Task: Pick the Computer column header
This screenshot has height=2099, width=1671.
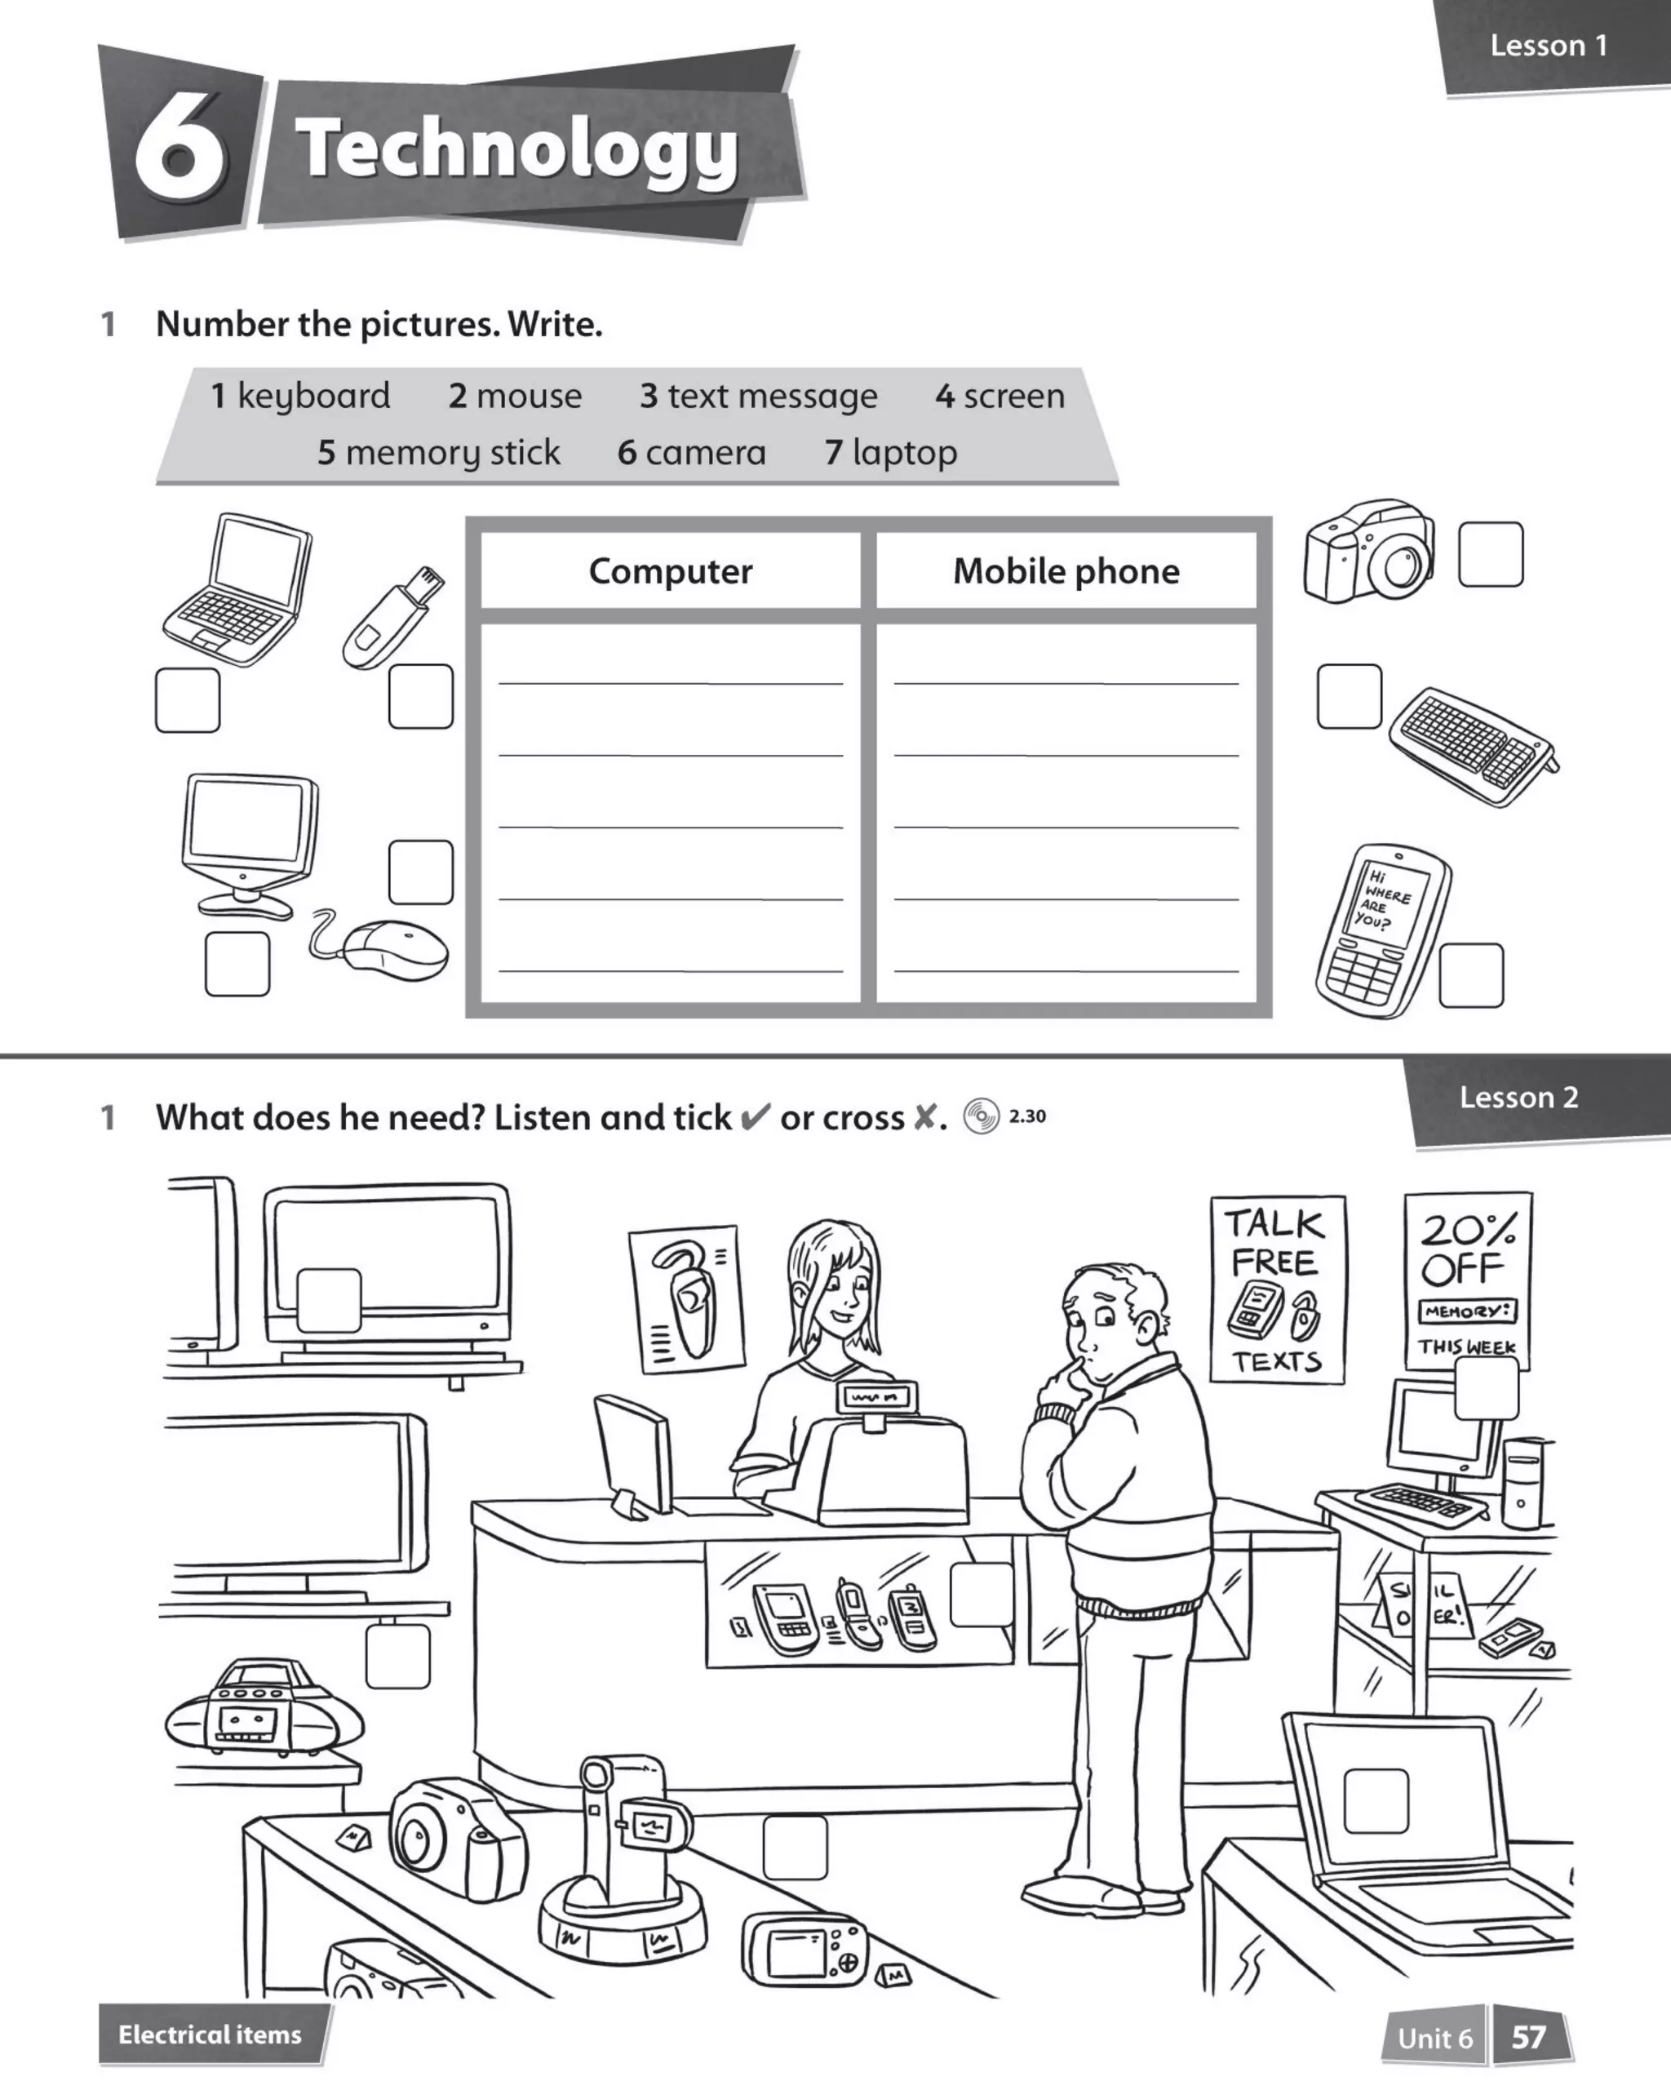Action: pyautogui.click(x=670, y=571)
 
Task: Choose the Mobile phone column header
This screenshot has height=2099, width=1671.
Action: pyautogui.click(x=1066, y=571)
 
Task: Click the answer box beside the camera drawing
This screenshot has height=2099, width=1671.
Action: pyautogui.click(x=1490, y=555)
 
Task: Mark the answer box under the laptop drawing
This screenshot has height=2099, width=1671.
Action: pyautogui.click(x=188, y=700)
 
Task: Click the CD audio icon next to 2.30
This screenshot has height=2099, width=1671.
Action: pyautogui.click(x=981, y=1116)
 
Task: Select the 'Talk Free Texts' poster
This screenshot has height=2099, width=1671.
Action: pyautogui.click(x=1277, y=1289)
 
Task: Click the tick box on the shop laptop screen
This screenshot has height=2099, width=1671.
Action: pyautogui.click(x=1375, y=1801)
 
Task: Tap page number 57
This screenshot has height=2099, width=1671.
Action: pyautogui.click(x=1529, y=2037)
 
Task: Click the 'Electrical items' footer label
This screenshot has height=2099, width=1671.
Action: pyautogui.click(x=211, y=2034)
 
